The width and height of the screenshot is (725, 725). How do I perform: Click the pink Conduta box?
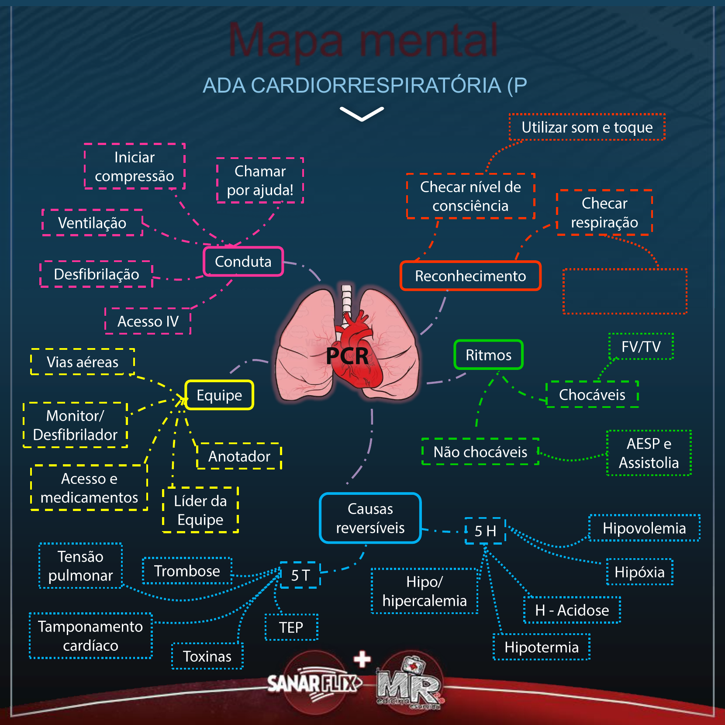(243, 262)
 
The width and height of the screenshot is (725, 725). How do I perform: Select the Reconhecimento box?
(470, 276)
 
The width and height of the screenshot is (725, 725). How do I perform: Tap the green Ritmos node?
(488, 355)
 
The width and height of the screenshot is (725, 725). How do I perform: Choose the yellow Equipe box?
(219, 395)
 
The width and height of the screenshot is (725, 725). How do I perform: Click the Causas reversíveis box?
(370, 518)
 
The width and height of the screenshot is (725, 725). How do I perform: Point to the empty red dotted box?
(625, 291)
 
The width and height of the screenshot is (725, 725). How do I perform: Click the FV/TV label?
(641, 347)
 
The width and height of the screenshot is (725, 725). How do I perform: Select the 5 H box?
(485, 531)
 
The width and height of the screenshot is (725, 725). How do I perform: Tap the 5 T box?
(300, 575)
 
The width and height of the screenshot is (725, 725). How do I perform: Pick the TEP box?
(291, 628)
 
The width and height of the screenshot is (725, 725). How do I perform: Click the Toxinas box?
(207, 656)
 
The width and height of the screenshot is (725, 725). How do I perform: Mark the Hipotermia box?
(542, 647)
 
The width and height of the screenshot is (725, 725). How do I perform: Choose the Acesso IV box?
(148, 321)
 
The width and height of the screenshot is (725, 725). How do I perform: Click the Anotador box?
(239, 456)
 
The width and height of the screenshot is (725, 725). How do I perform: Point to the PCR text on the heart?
(347, 356)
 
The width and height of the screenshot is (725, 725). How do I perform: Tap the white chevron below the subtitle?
(362, 114)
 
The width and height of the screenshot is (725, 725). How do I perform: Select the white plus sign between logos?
(362, 659)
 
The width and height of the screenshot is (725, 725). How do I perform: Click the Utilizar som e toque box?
(587, 128)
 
